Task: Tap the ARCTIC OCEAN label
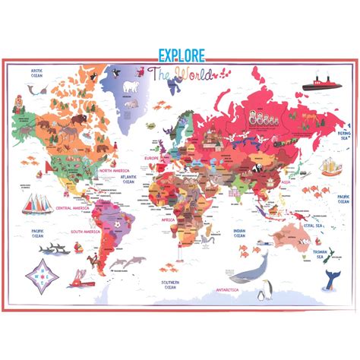[36, 74]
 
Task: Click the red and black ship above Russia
[320, 84]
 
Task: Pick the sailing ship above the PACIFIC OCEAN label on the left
[38, 203]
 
